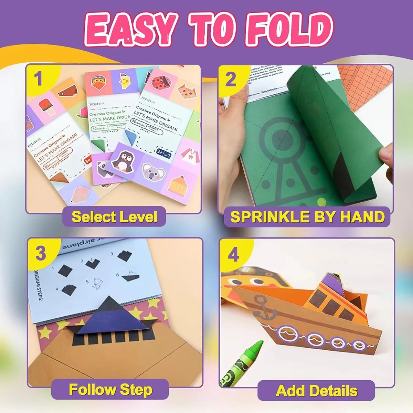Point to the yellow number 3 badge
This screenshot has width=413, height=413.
(41, 253)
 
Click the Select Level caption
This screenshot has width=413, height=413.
(114, 217)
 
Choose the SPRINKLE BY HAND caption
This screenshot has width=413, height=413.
(307, 217)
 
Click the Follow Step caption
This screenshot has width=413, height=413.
(110, 390)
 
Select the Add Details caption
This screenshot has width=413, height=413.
(316, 391)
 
